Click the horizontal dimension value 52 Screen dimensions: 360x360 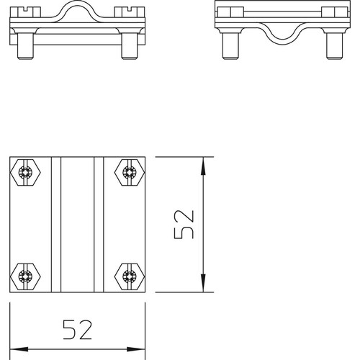[77, 330]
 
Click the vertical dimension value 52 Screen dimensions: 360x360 [184, 225]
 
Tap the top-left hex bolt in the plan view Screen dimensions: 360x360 [25, 172]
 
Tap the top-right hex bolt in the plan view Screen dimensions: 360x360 [130, 172]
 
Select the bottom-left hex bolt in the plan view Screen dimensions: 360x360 [25, 276]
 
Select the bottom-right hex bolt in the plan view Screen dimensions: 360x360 [130, 276]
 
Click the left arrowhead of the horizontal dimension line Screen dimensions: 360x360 [19, 349]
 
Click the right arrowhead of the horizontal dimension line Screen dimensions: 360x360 [136, 349]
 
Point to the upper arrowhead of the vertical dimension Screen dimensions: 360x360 [203, 166]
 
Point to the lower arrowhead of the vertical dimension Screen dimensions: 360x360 [203, 283]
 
